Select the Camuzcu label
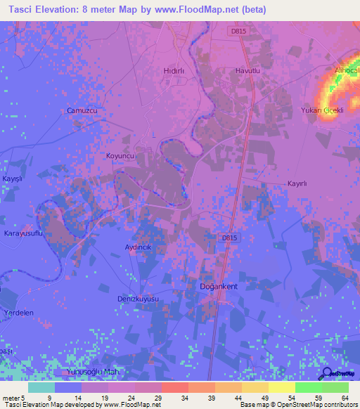pyautogui.click(x=81, y=111)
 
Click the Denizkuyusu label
pyautogui.click(x=139, y=299)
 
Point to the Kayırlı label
pyautogui.click(x=297, y=183)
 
